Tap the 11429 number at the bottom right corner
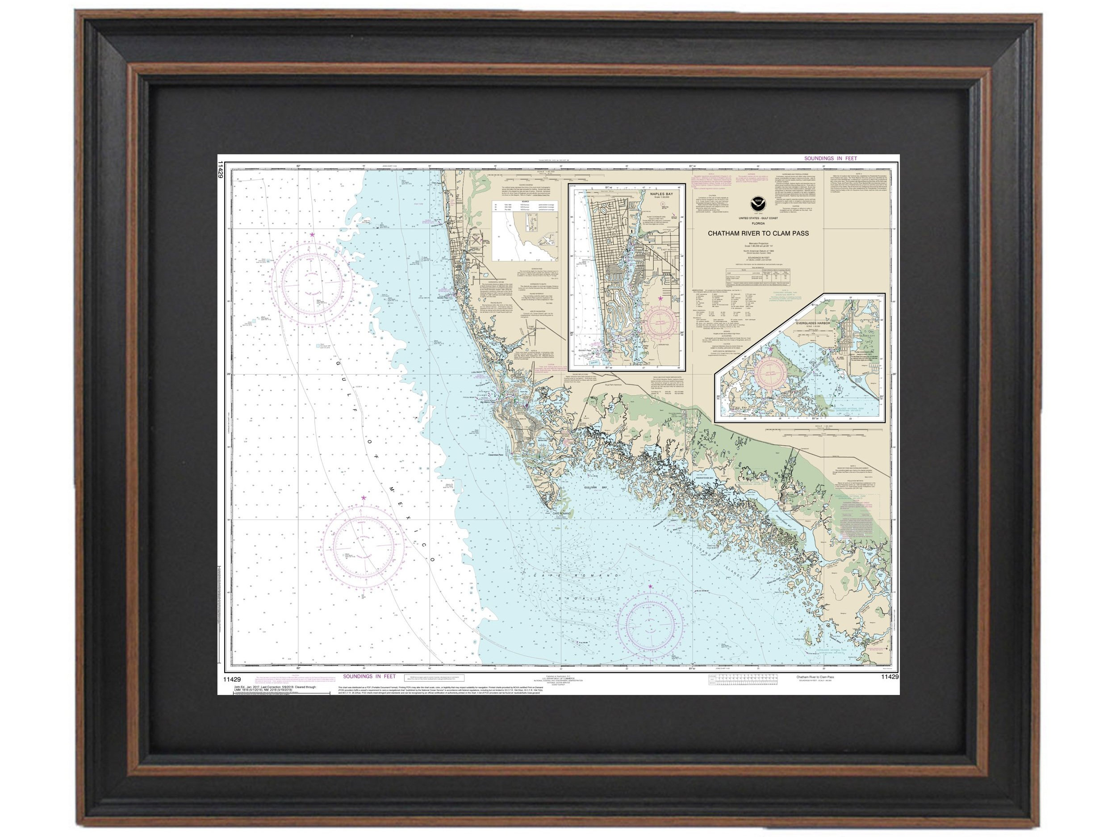890,677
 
